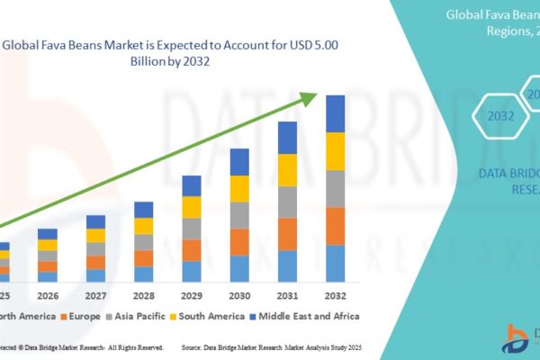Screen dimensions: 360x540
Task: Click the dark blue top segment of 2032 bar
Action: pyautogui.click(x=336, y=113)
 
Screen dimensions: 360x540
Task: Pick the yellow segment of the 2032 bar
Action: pyautogui.click(x=336, y=151)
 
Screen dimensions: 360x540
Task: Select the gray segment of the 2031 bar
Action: pyautogui.click(x=287, y=202)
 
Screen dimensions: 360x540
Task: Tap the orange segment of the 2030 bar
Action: pyautogui.click(x=239, y=242)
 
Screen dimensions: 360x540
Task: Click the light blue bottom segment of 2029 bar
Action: pyautogui.click(x=192, y=272)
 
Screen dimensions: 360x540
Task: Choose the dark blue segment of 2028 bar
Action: pyautogui.click(x=144, y=210)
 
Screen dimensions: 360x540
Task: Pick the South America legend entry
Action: pyautogui.click(x=208, y=316)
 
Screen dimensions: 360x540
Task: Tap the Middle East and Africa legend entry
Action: pyautogui.click(x=305, y=316)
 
